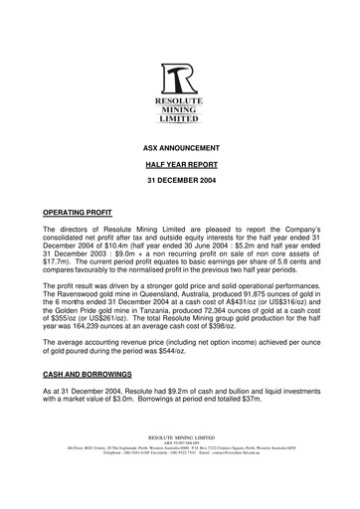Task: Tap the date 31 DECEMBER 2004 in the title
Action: (179, 182)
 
